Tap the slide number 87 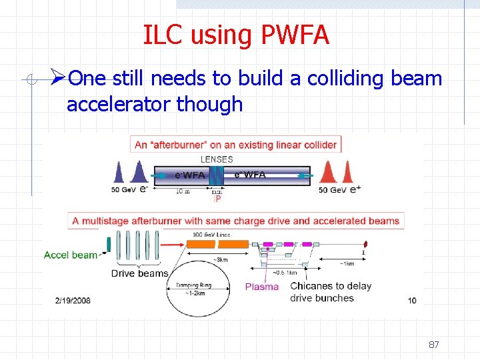tap(433, 345)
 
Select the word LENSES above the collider tap(217, 159)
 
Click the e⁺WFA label tap(250, 175)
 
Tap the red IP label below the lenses tap(217, 198)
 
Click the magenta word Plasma tap(262, 287)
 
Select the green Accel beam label tap(71, 255)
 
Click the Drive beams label tap(139, 273)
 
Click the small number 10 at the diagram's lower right tap(412, 301)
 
